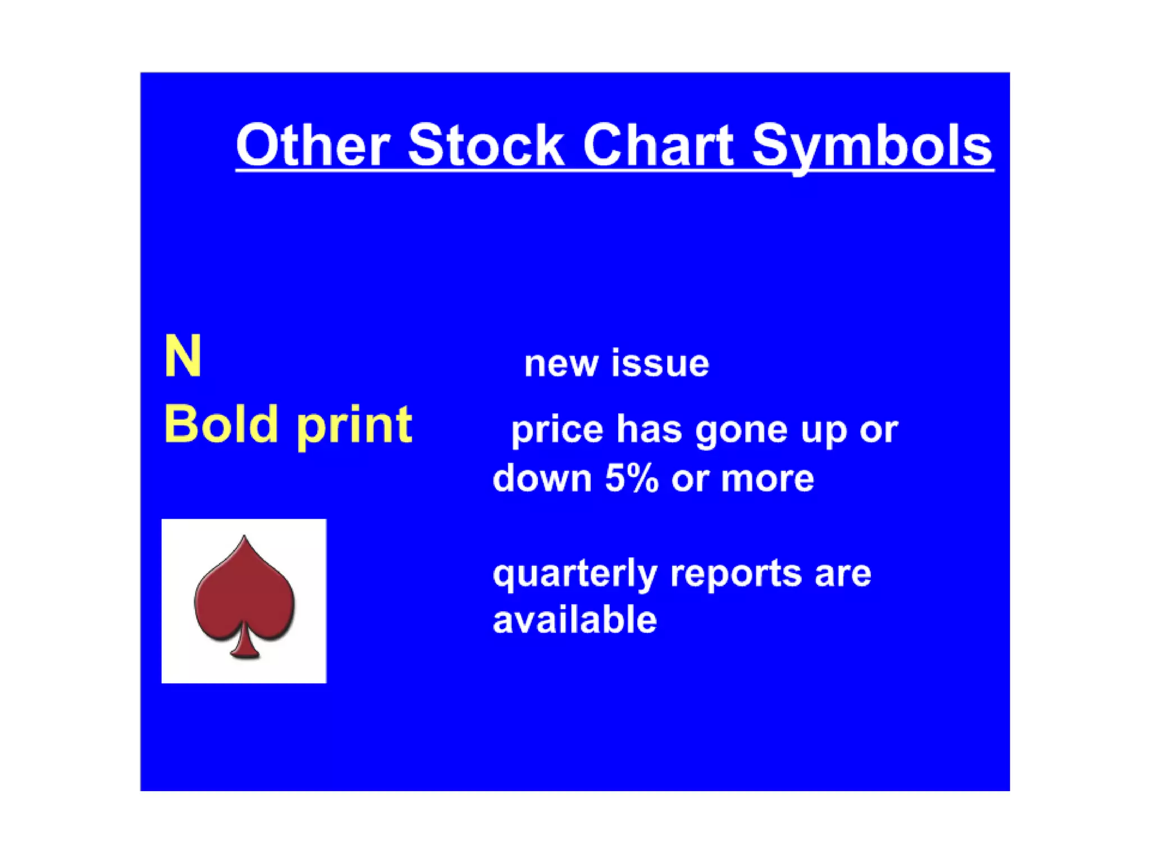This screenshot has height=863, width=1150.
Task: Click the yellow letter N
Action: (182, 356)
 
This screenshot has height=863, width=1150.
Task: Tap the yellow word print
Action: (354, 427)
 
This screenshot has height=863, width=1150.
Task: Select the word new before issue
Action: (560, 364)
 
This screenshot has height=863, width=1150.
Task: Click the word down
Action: (542, 479)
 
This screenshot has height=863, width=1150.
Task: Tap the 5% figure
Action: (631, 479)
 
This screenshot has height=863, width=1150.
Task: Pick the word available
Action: (574, 620)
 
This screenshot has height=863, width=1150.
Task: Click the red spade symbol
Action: (244, 596)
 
